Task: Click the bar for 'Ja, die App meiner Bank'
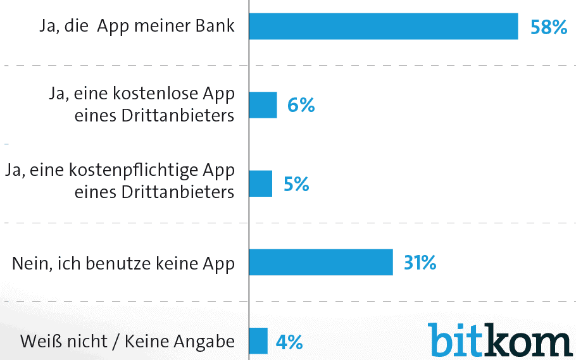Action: click(383, 26)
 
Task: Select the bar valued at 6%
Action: click(263, 105)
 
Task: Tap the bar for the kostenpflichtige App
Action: click(260, 183)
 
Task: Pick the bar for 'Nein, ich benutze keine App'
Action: click(320, 262)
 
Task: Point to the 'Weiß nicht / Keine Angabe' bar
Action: click(258, 340)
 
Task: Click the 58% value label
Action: click(548, 27)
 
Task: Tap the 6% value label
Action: click(301, 106)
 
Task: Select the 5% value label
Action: click(296, 184)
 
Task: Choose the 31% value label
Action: click(416, 263)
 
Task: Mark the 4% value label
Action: click(289, 342)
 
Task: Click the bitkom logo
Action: click(499, 339)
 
